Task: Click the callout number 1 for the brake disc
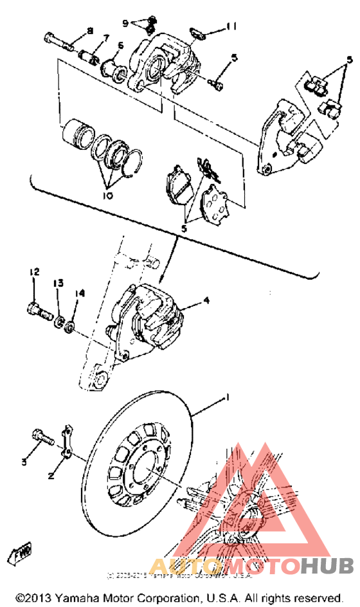[x=225, y=399]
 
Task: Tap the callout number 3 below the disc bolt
[x=24, y=461]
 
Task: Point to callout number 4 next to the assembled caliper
[x=206, y=300]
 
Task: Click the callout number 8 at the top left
[x=89, y=31]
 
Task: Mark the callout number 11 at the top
[x=233, y=26]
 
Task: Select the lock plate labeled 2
[x=66, y=443]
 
